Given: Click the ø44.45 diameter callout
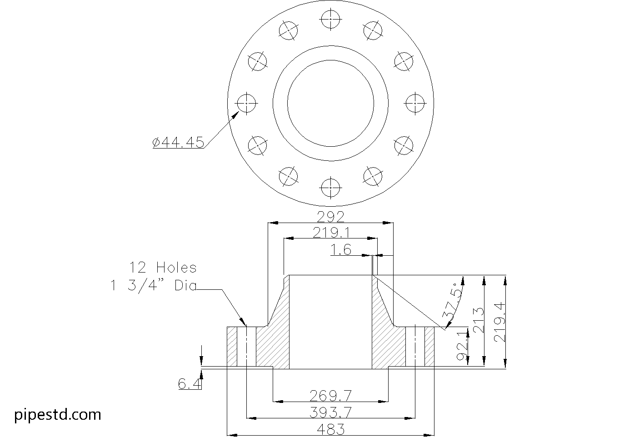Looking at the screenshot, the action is (178, 142).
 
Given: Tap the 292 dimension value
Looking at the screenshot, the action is (330, 217).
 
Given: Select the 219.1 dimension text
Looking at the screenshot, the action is (331, 233).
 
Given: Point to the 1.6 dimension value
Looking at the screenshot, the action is (341, 250).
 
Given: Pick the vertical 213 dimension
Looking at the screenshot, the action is (479, 320).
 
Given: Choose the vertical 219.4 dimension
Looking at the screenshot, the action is (500, 323).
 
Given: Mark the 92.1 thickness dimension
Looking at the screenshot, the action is (463, 347).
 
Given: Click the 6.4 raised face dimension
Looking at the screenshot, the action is (190, 383).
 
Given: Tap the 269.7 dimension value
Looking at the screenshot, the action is (330, 396).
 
